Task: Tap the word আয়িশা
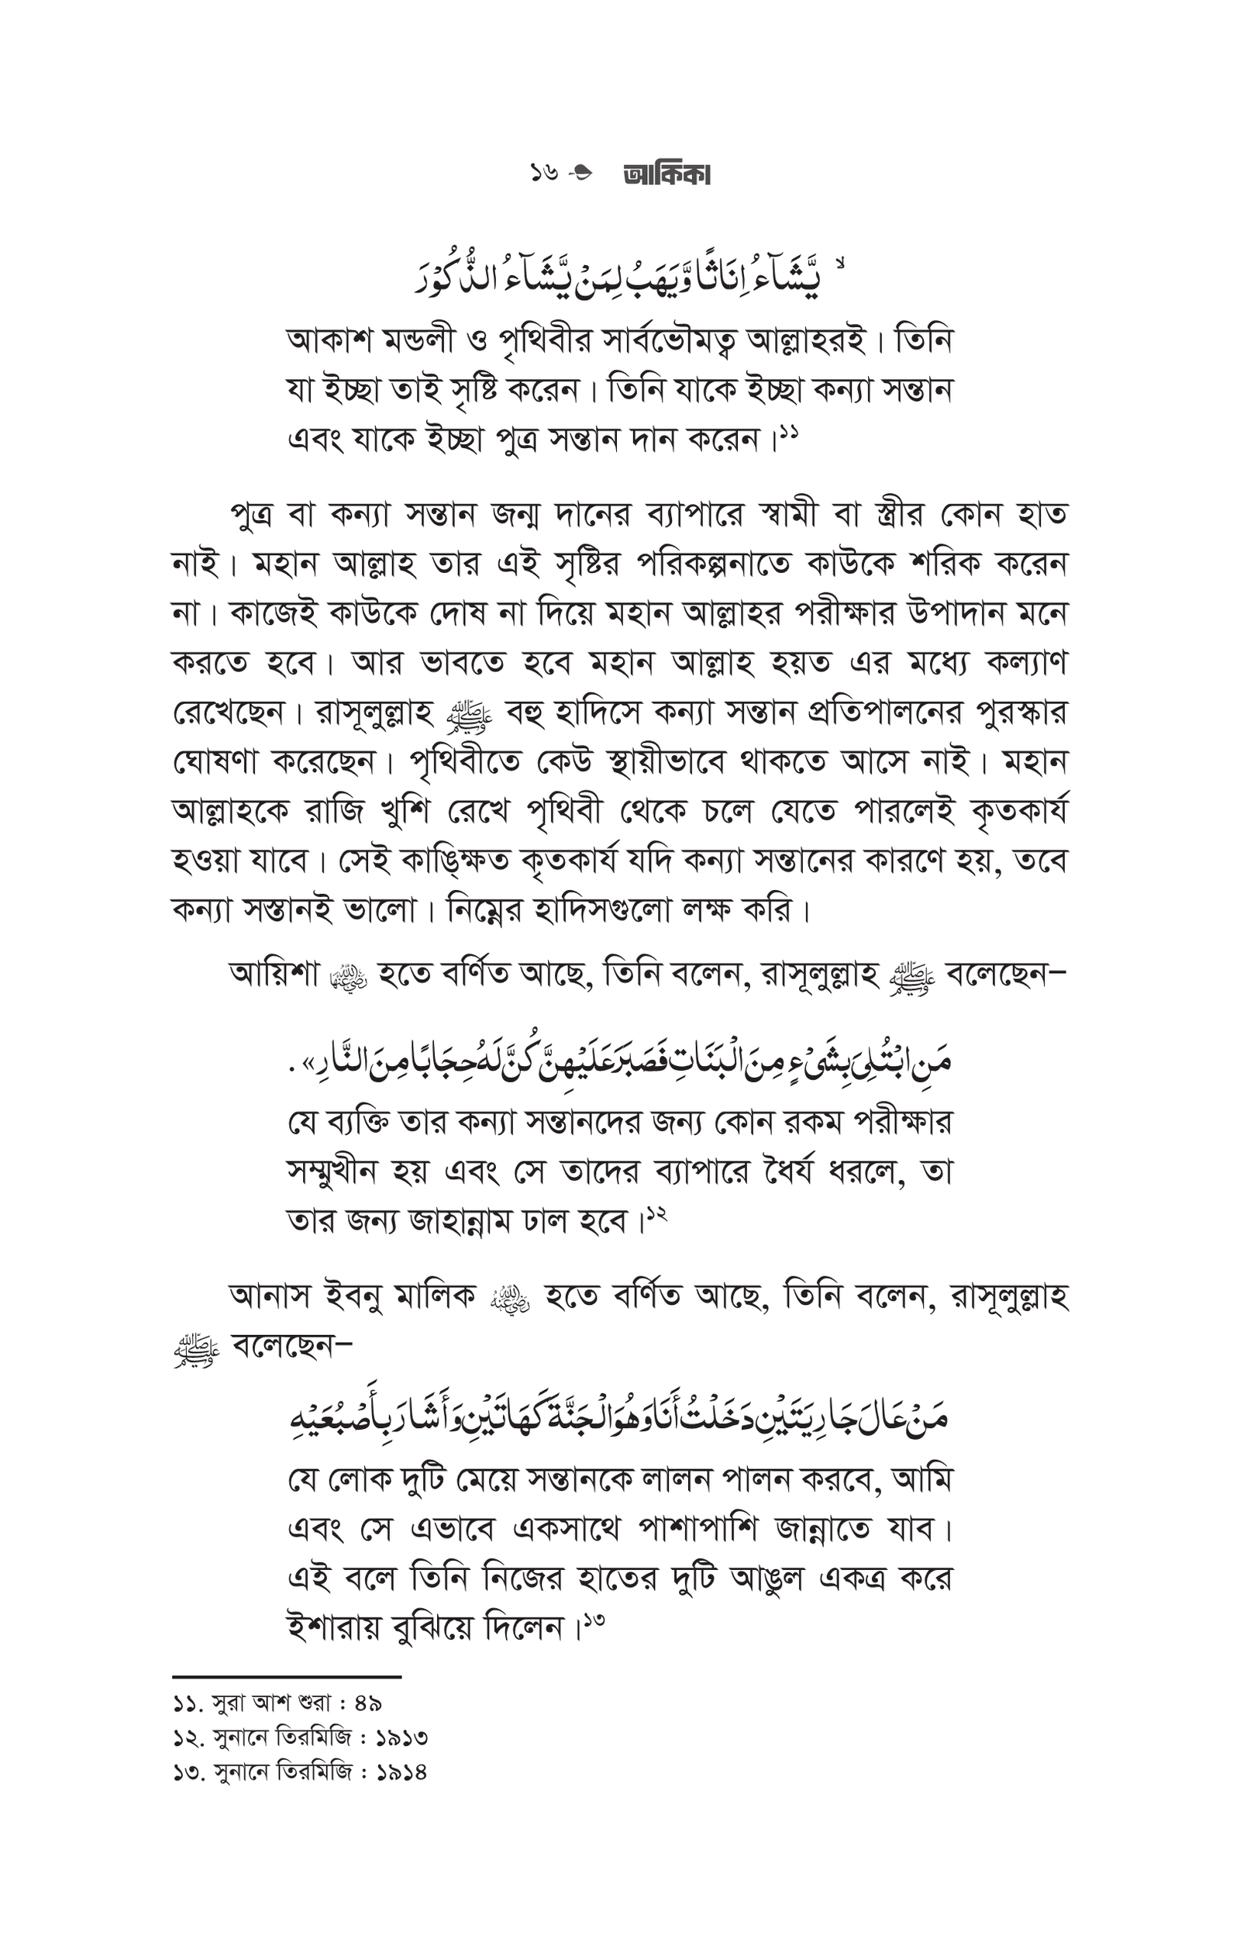[x=274, y=974]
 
